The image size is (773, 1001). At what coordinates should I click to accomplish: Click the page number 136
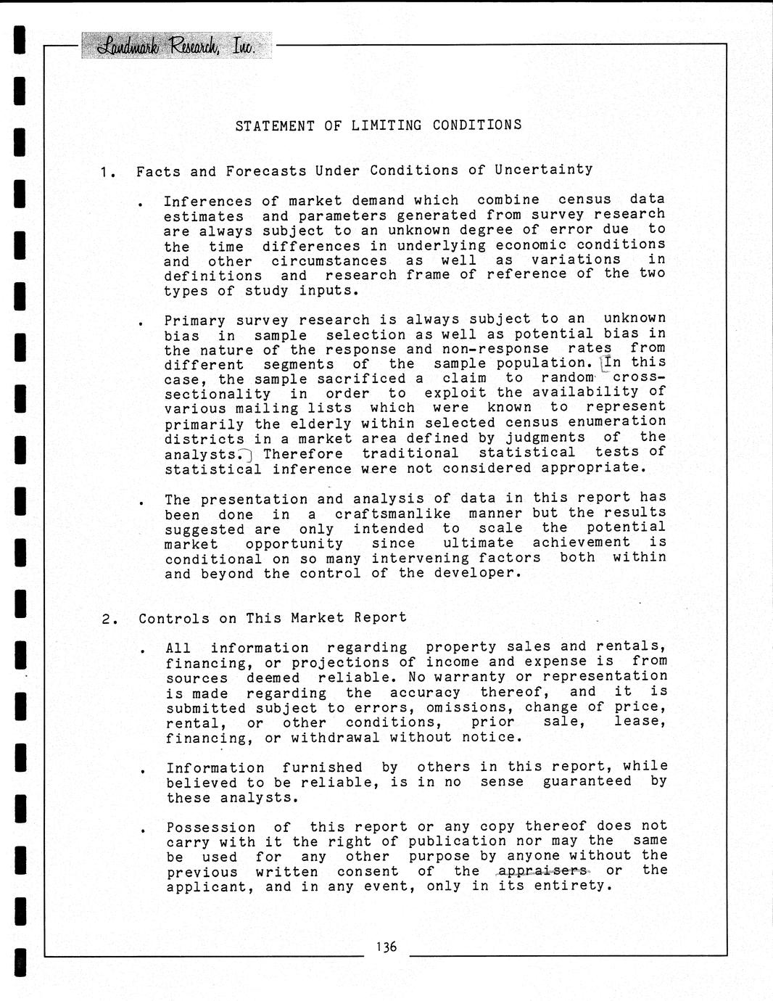[x=386, y=947]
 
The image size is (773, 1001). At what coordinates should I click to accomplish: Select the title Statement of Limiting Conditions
[x=379, y=125]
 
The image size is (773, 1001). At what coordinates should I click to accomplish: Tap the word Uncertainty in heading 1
[x=543, y=170]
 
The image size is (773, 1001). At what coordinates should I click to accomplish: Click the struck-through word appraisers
[x=542, y=870]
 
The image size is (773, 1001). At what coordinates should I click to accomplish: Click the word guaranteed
[x=587, y=781]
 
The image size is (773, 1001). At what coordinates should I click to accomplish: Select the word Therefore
[x=303, y=454]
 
